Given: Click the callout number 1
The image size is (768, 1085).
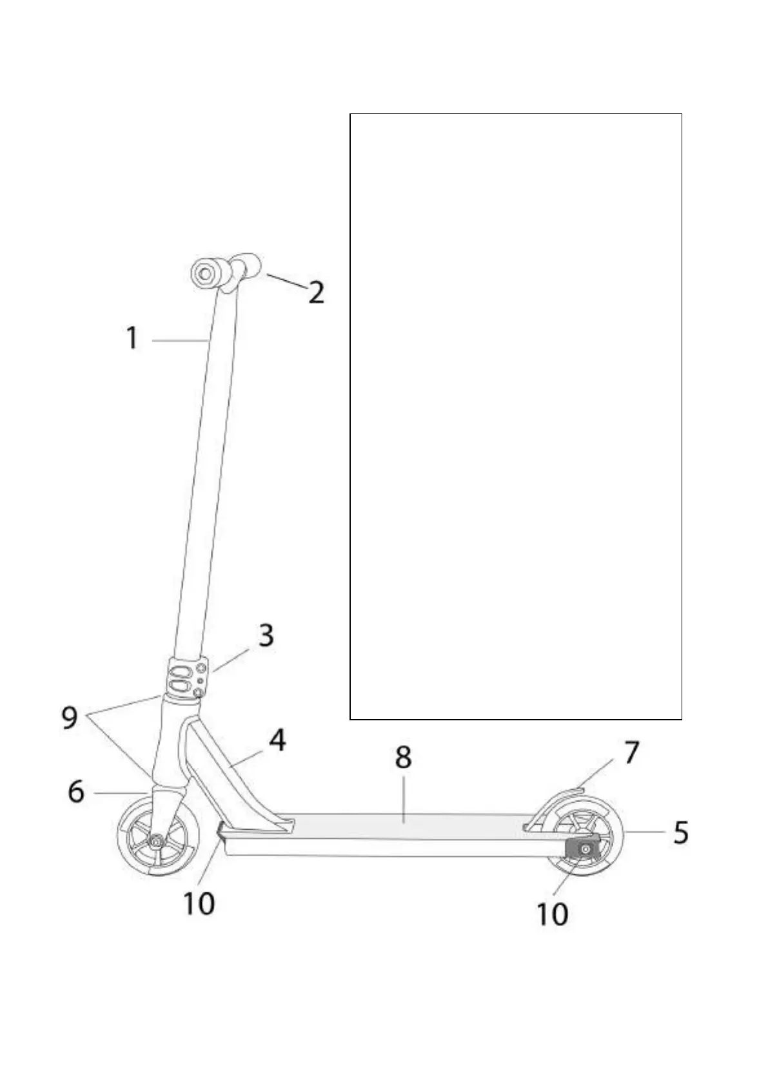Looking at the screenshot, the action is pos(132,338).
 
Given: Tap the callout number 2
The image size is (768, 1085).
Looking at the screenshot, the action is pos(316,293).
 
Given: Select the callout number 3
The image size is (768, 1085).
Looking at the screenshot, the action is pos(266,635).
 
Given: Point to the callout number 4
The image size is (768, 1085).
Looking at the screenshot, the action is pos(277,740).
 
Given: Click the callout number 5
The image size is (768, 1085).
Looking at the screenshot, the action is pos(680,832).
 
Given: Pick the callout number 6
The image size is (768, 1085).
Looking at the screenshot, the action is pos(76,791).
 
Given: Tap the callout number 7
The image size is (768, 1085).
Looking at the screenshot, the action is pos(631,752).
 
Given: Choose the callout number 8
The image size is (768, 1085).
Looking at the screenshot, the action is pos(403,758).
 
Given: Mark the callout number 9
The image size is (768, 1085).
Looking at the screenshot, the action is pos(70,717).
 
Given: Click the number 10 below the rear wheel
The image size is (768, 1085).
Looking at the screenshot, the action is pos(552,914).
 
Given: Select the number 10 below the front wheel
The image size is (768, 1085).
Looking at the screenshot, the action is pos(199,903).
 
